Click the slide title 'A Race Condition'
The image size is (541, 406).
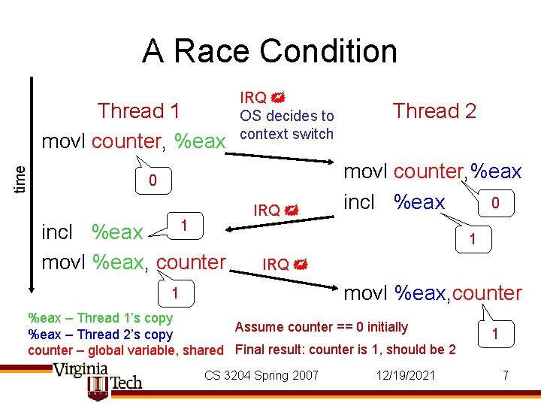point(270,51)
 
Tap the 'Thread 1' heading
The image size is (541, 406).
point(139,111)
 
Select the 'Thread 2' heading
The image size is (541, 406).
point(435,111)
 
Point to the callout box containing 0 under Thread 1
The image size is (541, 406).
point(152,181)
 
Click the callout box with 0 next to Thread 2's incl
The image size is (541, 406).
point(494,203)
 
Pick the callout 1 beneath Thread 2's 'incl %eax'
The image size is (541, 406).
point(472,240)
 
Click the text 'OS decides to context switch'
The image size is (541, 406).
point(286,125)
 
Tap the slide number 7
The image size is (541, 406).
point(505,375)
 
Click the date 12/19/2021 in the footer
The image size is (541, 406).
point(406,375)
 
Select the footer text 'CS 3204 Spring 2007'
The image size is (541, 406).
point(261,375)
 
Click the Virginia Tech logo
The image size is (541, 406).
point(98,380)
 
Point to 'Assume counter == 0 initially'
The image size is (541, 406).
point(322,327)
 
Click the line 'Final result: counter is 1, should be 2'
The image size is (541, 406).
point(346,350)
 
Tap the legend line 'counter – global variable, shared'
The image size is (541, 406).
point(125,350)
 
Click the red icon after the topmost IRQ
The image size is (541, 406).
point(277,98)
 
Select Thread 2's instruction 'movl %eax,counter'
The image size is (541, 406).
point(432,293)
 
